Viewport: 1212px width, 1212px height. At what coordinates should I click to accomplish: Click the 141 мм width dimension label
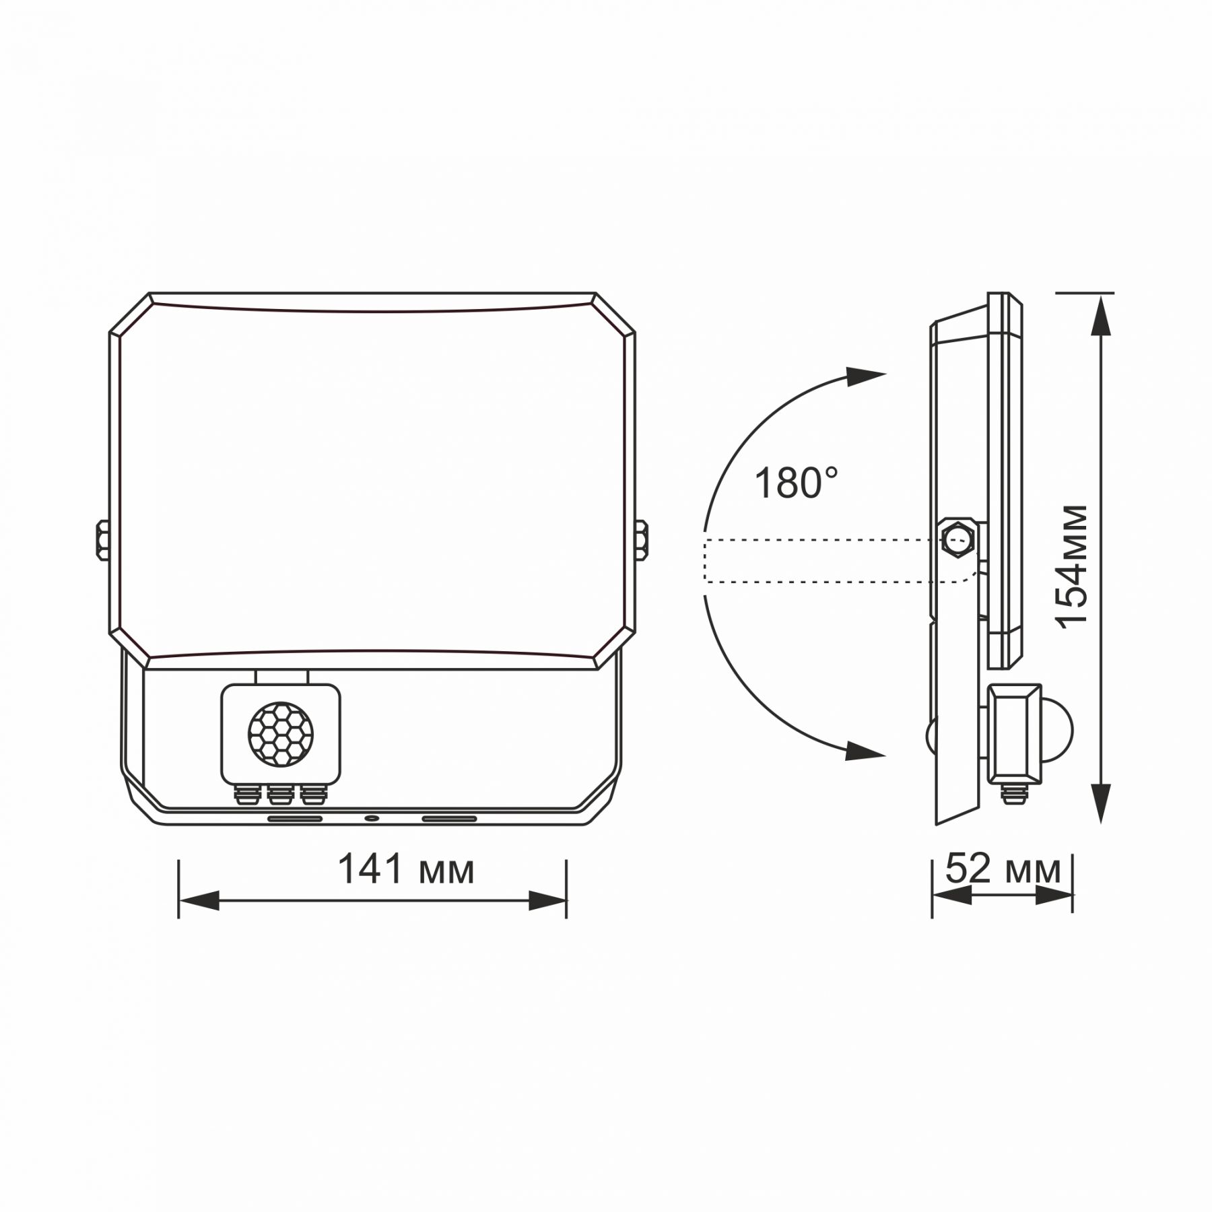pyautogui.click(x=405, y=870)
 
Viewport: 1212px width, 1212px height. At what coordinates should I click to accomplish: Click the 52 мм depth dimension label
pyautogui.click(x=1002, y=870)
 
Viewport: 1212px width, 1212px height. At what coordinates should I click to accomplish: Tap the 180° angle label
pyautogui.click(x=796, y=483)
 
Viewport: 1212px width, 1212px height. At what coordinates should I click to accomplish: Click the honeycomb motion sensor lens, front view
pyautogui.click(x=280, y=733)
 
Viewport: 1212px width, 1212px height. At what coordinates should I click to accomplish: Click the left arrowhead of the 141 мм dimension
pyautogui.click(x=199, y=900)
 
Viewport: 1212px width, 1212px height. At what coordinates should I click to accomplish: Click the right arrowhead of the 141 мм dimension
pyautogui.click(x=547, y=900)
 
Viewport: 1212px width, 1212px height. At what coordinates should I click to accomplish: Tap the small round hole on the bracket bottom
pyautogui.click(x=370, y=819)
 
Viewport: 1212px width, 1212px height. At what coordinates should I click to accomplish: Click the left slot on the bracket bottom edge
pyautogui.click(x=295, y=819)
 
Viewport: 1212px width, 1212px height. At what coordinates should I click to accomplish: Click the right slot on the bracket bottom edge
pyautogui.click(x=449, y=819)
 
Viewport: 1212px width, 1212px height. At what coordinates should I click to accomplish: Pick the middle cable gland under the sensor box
pyautogui.click(x=278, y=796)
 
